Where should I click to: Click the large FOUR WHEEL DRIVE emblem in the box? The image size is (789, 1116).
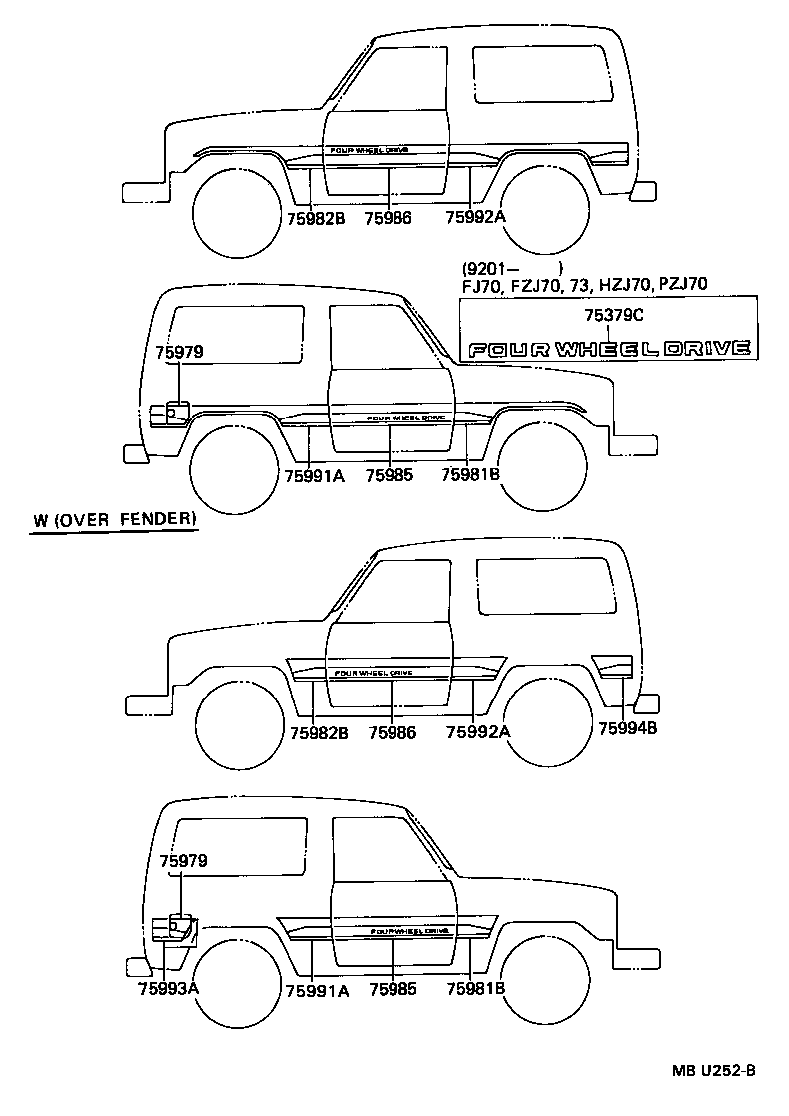609,349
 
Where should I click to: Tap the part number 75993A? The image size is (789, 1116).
169,988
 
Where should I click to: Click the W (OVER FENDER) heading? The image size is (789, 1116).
114,520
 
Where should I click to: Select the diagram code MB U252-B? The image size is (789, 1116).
712,1071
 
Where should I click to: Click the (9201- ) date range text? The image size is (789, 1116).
512,267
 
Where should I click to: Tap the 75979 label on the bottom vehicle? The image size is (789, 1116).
183,860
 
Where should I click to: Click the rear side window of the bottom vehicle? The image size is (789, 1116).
239,847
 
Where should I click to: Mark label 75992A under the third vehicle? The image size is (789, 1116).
477,732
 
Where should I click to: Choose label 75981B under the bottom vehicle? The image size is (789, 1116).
476,989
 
